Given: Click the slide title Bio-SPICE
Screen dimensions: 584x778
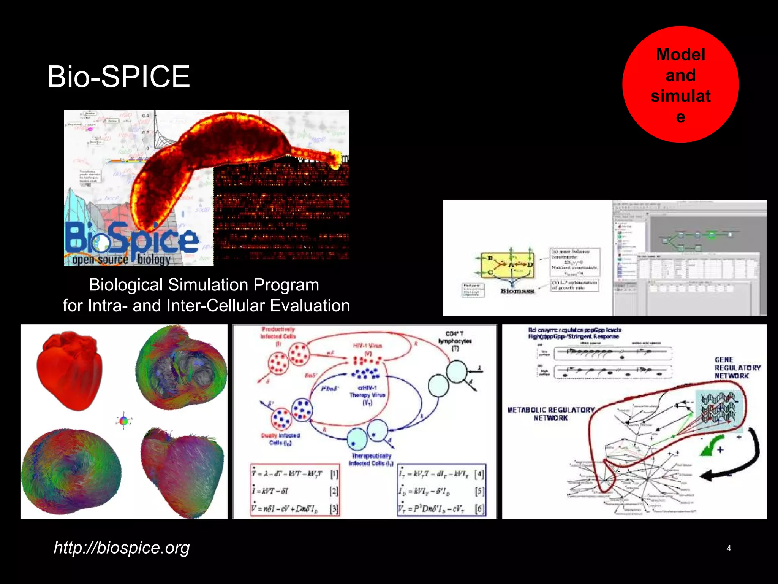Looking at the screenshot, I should click(x=118, y=77).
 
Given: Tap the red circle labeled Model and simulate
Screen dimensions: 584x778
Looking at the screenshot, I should click(x=680, y=85).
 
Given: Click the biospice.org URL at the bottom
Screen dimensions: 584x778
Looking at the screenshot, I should click(x=122, y=547).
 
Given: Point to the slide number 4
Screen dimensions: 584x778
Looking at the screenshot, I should click(x=728, y=548).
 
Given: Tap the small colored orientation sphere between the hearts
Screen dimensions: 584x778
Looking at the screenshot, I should click(x=123, y=421).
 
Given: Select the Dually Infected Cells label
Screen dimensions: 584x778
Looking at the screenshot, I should click(x=280, y=439).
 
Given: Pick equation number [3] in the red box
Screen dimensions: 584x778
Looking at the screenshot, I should click(x=334, y=509).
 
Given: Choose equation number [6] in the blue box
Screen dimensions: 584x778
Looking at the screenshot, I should click(x=479, y=509).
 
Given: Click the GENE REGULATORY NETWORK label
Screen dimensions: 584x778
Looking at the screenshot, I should click(x=737, y=368).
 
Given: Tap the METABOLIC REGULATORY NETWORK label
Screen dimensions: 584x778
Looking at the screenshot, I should click(x=550, y=414).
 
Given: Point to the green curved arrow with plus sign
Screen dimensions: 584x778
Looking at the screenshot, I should click(x=711, y=447).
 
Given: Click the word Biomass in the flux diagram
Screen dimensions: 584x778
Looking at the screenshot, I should click(x=517, y=291).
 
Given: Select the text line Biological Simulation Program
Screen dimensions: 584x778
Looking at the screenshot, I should click(x=204, y=285).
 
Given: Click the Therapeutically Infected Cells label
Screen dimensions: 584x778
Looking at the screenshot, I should click(x=371, y=459).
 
